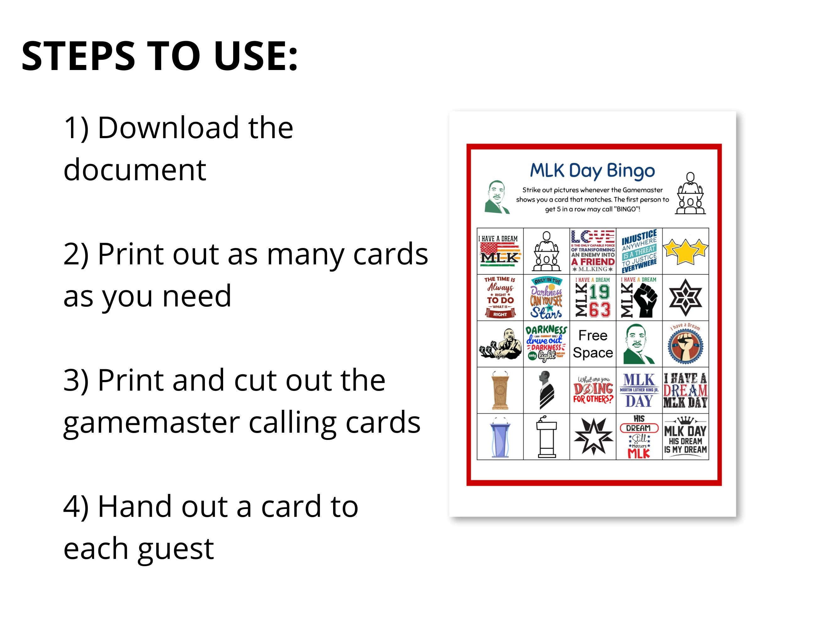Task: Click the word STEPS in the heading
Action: click(x=78, y=56)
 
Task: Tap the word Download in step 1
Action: click(x=168, y=128)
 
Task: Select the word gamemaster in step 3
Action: click(x=151, y=422)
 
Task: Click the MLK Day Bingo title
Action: click(x=592, y=171)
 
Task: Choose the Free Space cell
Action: click(x=593, y=344)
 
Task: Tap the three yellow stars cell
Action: click(x=685, y=251)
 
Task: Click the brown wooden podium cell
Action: click(x=500, y=390)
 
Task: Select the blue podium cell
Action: click(x=500, y=436)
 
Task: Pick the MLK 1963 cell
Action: click(x=593, y=298)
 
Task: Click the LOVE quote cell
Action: click(x=593, y=251)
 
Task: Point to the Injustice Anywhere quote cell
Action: click(x=639, y=251)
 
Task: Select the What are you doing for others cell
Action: click(x=593, y=390)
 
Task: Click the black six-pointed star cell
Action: click(x=685, y=298)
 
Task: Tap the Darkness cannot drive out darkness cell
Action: click(x=546, y=344)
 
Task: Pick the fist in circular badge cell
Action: click(x=685, y=344)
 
